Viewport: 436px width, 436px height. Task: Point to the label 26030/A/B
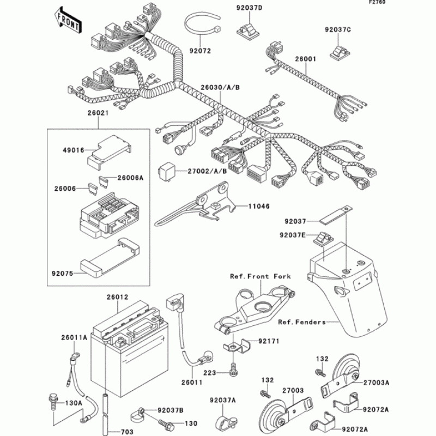point(220,87)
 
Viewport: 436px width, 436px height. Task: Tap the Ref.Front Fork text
point(261,276)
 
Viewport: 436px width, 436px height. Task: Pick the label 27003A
point(377,382)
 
